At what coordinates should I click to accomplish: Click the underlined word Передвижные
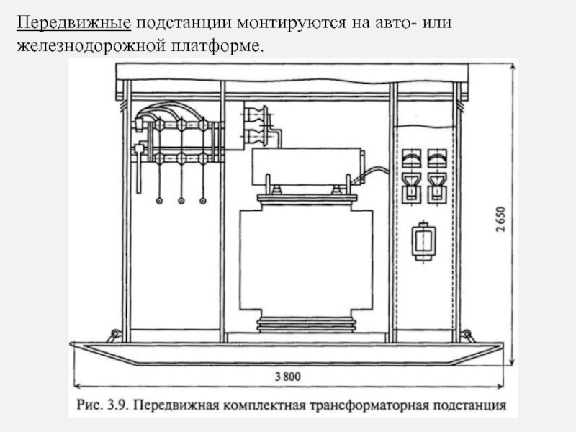74,23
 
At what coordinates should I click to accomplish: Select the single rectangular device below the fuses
425,240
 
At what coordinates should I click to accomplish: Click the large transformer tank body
305,263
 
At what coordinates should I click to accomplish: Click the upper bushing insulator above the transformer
256,115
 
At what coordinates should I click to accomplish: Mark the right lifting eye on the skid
466,336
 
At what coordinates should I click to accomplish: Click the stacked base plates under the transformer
305,325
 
